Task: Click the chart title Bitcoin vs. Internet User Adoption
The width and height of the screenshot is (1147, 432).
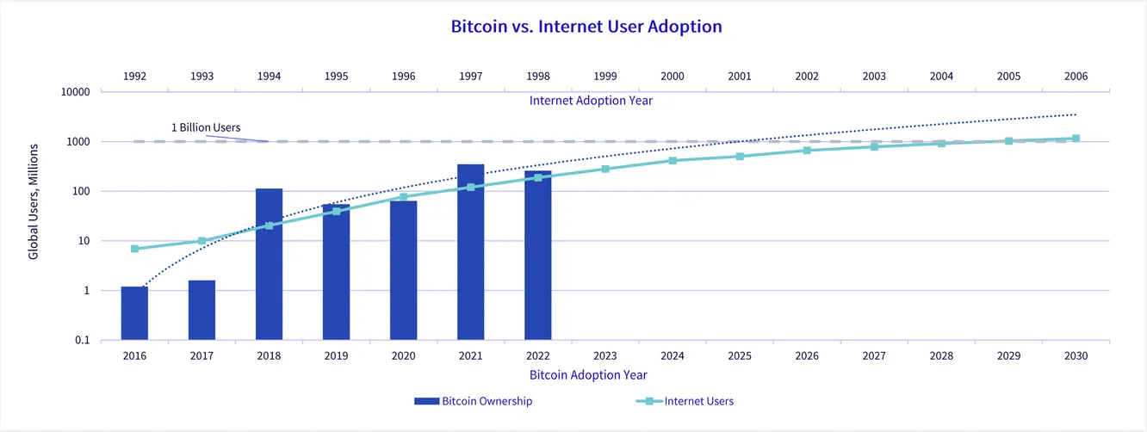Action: [x=586, y=27]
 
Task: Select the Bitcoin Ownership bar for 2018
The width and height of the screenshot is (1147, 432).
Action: [x=269, y=263]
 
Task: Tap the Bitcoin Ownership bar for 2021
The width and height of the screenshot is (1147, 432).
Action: [x=470, y=251]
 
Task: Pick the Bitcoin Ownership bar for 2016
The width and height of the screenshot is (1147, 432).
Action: [x=134, y=313]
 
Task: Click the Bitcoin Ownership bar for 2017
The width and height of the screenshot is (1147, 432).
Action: [x=201, y=310]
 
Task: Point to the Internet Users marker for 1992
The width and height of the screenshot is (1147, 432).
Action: [x=134, y=249]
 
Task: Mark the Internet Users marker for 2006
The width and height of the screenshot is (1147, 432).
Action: [x=1076, y=138]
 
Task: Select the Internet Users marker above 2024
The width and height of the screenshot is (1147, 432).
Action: [x=673, y=161]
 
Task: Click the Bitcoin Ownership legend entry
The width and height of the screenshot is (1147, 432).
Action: [x=473, y=401]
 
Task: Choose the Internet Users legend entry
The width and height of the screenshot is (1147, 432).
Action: [x=685, y=401]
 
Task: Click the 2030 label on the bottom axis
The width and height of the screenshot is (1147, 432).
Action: [x=1076, y=355]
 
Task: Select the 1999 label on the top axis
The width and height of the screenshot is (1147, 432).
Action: [x=605, y=77]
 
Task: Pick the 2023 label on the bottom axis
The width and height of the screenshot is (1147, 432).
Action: [x=605, y=355]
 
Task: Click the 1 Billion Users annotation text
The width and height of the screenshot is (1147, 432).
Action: [x=205, y=127]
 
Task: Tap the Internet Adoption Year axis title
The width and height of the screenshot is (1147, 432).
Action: [x=591, y=101]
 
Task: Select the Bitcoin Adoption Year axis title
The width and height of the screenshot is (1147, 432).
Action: [x=588, y=375]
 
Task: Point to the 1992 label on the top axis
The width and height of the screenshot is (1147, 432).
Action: [x=134, y=77]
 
